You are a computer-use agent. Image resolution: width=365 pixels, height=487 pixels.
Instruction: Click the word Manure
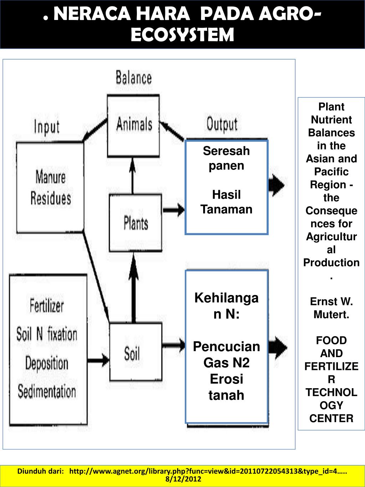pyautogui.click(x=51, y=177)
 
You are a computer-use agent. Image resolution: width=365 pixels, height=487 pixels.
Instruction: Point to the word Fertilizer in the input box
pyautogui.click(x=47, y=305)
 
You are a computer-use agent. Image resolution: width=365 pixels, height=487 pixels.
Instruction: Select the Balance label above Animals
pyautogui.click(x=134, y=78)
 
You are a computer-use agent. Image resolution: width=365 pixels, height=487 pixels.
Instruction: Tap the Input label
pyautogui.click(x=47, y=127)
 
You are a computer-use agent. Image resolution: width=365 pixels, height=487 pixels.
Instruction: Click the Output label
pyautogui.click(x=222, y=125)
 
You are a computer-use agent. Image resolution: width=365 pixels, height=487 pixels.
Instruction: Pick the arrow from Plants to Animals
pyautogui.click(x=133, y=176)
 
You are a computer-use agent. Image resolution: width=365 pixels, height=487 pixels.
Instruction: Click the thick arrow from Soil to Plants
pyautogui.click(x=134, y=288)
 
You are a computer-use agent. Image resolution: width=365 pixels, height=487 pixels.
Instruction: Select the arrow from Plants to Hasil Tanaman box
pyautogui.click(x=174, y=210)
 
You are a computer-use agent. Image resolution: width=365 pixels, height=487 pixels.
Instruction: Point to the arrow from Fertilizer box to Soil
pyautogui.click(x=98, y=360)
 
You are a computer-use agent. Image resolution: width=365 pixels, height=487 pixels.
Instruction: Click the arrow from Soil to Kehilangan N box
pyautogui.click(x=174, y=345)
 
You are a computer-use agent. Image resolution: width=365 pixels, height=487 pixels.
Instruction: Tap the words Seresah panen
pyautogui.click(x=226, y=158)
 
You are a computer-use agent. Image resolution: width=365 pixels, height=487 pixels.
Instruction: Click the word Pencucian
pyautogui.click(x=226, y=346)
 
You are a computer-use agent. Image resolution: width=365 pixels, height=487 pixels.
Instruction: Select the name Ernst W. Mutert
pyautogui.click(x=331, y=308)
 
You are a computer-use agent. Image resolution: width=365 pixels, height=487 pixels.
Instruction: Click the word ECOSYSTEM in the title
pyautogui.click(x=182, y=35)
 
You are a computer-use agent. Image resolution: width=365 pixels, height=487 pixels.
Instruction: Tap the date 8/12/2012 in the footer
pyautogui.click(x=184, y=479)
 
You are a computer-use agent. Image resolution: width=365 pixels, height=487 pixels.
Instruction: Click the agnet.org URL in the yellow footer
pyautogui.click(x=208, y=471)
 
